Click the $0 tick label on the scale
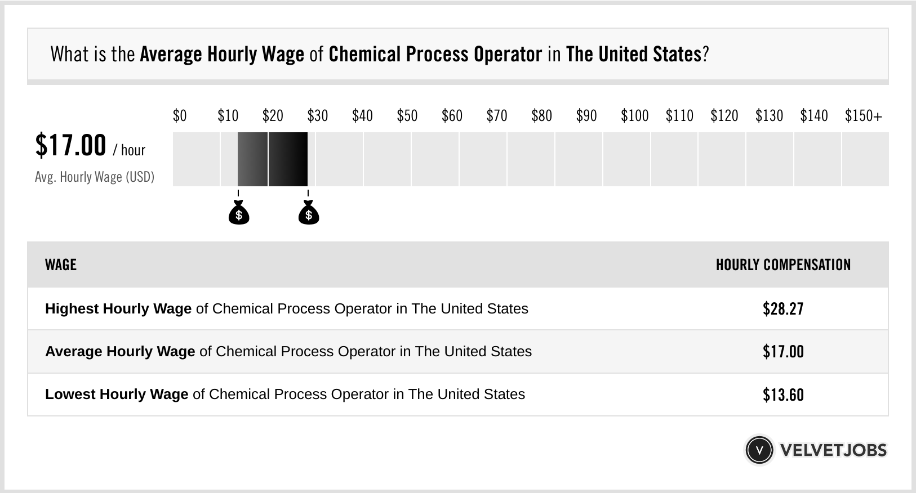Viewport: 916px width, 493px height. [179, 116]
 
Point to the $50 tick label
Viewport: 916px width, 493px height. [407, 116]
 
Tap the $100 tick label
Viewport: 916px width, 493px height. [634, 116]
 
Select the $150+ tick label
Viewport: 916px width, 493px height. [863, 116]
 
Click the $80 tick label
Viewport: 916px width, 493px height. [541, 116]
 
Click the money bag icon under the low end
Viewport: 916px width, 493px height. [239, 213]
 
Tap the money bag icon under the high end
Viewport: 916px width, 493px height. [308, 213]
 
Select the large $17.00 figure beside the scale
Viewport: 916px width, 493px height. [70, 145]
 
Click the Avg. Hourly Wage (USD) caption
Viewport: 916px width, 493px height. [95, 177]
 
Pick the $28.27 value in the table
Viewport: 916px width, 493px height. [783, 309]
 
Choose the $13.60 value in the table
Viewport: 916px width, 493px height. [783, 395]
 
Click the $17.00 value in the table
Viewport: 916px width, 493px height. [783, 352]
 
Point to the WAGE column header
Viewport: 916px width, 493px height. [61, 265]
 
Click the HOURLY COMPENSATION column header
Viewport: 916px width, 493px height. [783, 265]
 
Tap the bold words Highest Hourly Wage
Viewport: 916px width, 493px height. [118, 309]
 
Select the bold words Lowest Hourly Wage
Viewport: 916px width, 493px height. [117, 395]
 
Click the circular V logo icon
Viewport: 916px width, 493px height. [759, 450]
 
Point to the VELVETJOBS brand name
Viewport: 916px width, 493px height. [833, 450]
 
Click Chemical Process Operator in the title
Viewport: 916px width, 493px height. [435, 55]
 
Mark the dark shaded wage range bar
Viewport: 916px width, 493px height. [273, 159]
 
